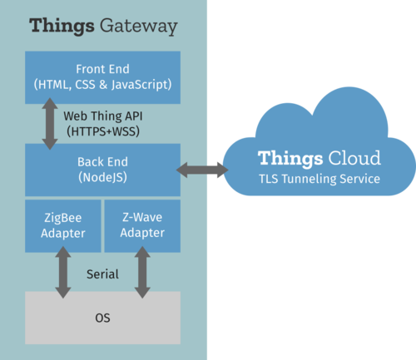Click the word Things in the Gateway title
62,26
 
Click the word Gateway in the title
138,27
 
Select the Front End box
102,77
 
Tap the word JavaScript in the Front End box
141,85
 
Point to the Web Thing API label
103,116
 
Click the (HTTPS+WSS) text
103,131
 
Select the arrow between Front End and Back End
50,124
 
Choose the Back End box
102,170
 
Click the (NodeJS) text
102,177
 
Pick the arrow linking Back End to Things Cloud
202,170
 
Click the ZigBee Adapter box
63,226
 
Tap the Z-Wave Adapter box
142,226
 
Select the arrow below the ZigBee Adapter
63,273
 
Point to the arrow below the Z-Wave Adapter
142,273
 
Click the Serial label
102,274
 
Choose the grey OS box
102,318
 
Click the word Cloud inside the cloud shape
354,158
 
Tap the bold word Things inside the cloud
290,159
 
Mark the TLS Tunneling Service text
319,179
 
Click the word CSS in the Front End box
85,85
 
